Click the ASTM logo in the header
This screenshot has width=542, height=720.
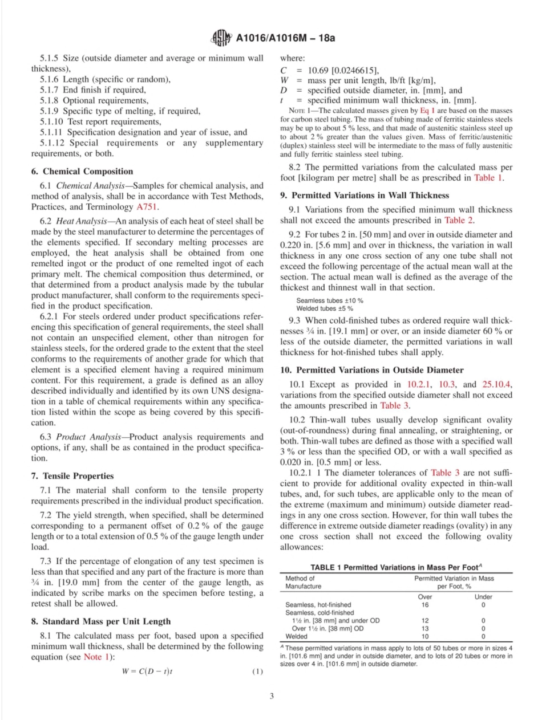[x=221, y=38]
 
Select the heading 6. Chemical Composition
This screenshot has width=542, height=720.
[x=83, y=171]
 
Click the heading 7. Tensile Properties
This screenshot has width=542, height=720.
[x=72, y=475]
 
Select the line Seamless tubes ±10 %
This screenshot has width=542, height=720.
[x=330, y=300]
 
